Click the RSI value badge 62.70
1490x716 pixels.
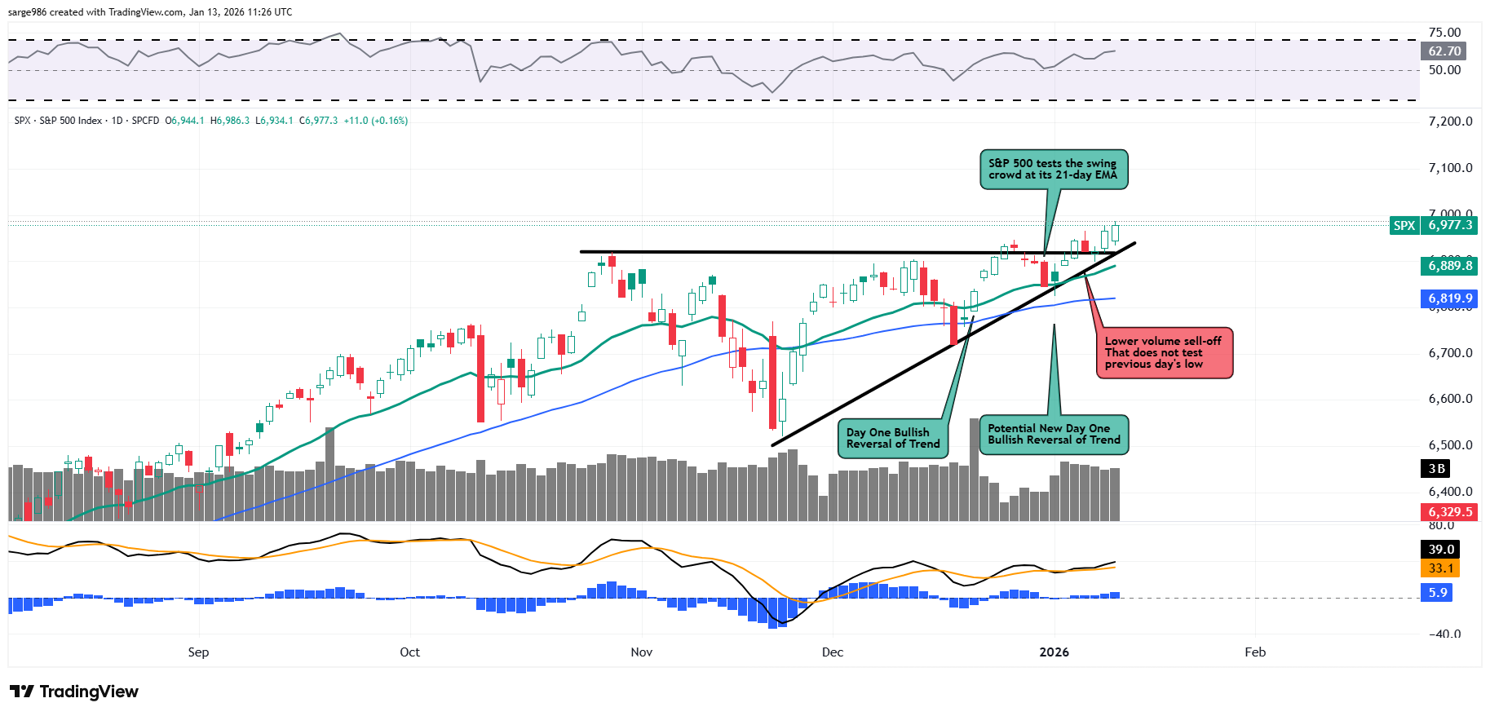point(1444,51)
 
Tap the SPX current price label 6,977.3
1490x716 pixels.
point(1450,225)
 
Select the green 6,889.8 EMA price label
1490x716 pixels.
point(1450,266)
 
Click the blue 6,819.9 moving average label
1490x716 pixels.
point(1450,298)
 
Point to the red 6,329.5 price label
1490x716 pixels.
point(1450,512)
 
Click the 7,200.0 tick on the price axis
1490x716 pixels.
point(1450,122)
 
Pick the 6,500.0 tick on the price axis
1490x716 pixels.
point(1450,445)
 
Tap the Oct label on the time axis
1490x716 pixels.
point(409,652)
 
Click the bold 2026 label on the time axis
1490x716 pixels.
point(1054,652)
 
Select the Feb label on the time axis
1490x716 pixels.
point(1255,652)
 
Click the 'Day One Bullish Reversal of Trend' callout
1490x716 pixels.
point(893,439)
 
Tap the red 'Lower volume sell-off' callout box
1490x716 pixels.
point(1164,353)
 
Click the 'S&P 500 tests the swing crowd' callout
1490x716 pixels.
point(1054,170)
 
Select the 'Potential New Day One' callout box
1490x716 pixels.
point(1054,435)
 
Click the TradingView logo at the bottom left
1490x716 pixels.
point(74,692)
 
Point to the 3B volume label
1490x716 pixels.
point(1437,469)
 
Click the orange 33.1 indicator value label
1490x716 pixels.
point(1441,568)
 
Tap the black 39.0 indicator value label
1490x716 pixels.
point(1441,550)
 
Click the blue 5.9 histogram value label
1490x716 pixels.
point(1438,593)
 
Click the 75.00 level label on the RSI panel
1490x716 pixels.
point(1444,33)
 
